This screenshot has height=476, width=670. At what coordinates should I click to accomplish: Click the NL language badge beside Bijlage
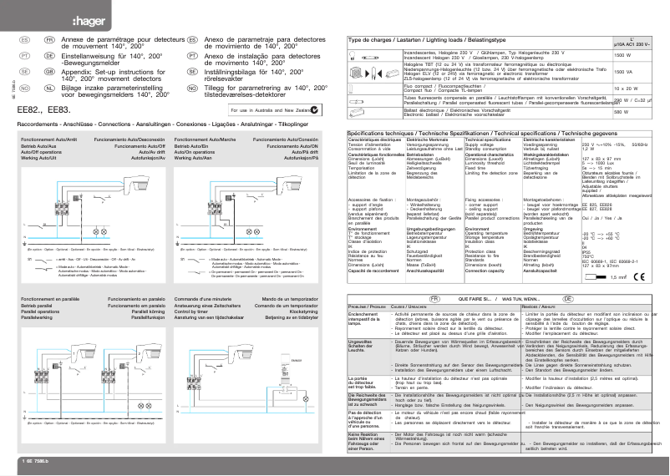click(x=51, y=87)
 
